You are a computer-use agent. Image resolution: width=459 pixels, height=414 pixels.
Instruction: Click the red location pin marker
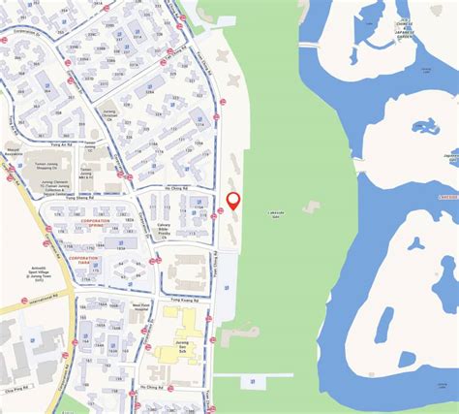tap(232, 202)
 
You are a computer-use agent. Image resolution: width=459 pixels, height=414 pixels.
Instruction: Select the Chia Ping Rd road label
tap(20, 366)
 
